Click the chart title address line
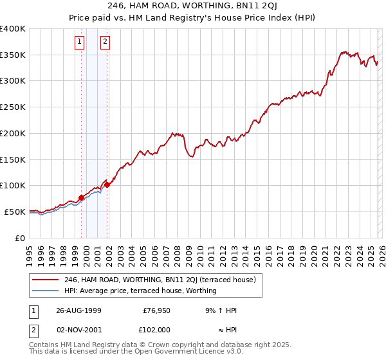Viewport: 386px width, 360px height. pos(193,7)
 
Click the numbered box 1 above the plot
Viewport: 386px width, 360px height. pos(79,42)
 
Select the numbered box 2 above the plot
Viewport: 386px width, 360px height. pos(104,42)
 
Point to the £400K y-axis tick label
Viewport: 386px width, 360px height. pos(13,29)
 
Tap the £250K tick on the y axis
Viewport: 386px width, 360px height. pos(13,107)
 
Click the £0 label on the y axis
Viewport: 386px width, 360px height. pos(20,238)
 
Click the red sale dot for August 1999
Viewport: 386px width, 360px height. pos(82,197)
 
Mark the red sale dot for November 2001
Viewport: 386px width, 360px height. pos(107,184)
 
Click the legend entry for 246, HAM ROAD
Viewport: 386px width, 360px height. pos(160,280)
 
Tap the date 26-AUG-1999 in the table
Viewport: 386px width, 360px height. pos(78,310)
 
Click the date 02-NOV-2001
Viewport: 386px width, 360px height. pos(78,329)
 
